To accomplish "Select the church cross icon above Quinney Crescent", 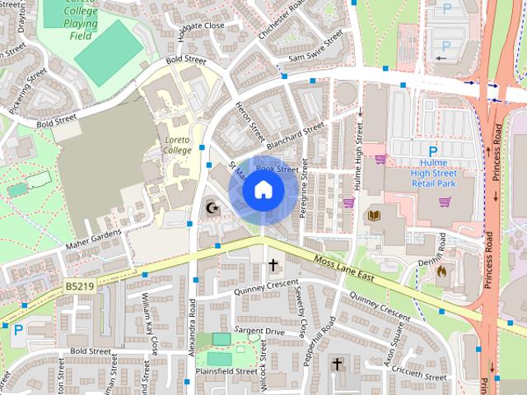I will [273, 266].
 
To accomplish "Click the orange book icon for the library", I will [373, 216].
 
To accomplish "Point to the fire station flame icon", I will [441, 269].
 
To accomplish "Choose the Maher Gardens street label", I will [92, 243].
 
